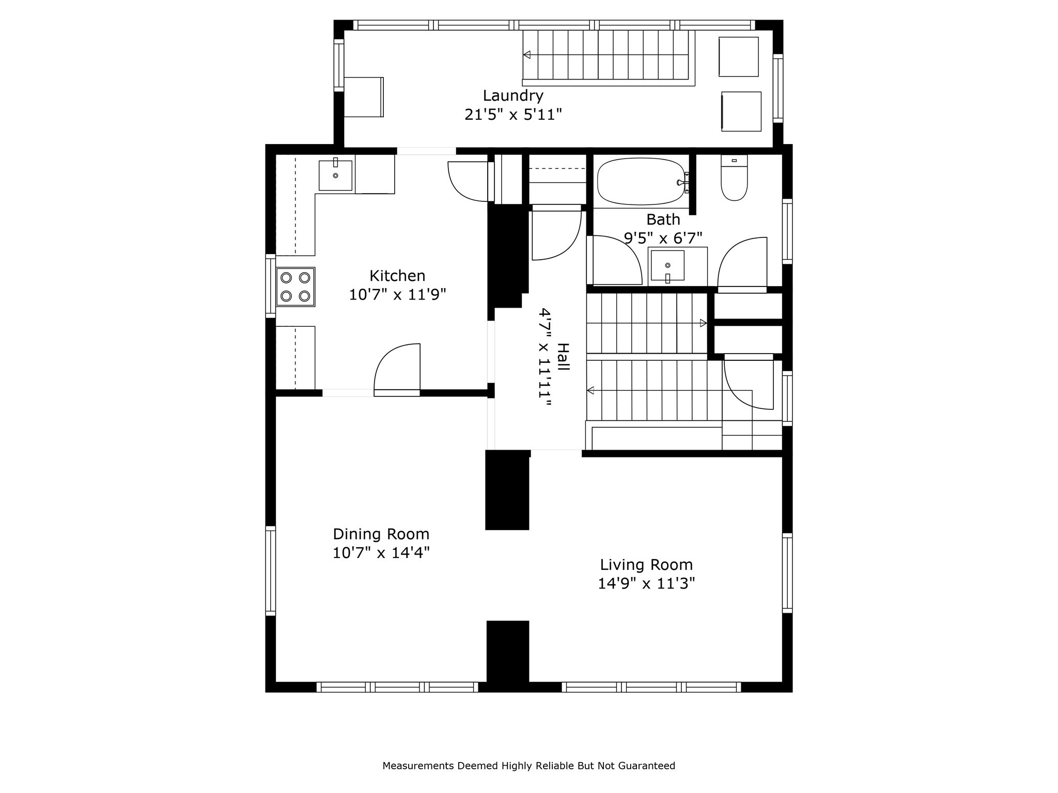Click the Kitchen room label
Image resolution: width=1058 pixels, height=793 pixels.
(x=397, y=275)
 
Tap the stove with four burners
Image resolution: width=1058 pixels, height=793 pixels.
(x=295, y=287)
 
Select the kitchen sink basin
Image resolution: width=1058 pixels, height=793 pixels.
(x=335, y=176)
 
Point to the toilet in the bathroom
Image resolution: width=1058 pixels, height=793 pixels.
(x=734, y=181)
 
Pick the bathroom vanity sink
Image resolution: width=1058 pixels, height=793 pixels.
(x=667, y=265)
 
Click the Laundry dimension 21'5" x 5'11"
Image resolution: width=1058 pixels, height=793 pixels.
(x=512, y=115)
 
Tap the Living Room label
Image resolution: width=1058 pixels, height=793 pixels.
(x=646, y=564)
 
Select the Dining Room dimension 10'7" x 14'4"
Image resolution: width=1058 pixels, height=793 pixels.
(x=381, y=553)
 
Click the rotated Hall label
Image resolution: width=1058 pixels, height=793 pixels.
(x=563, y=357)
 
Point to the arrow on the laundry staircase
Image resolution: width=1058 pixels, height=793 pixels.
(x=527, y=55)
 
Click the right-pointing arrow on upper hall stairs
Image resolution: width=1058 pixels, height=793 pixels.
(x=703, y=323)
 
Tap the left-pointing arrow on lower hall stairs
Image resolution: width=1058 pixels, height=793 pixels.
(x=590, y=390)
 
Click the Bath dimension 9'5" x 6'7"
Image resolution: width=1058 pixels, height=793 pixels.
(x=663, y=238)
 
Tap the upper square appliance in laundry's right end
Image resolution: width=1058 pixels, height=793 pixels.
(x=738, y=57)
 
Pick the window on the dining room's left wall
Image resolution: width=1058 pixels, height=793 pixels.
(x=270, y=570)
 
